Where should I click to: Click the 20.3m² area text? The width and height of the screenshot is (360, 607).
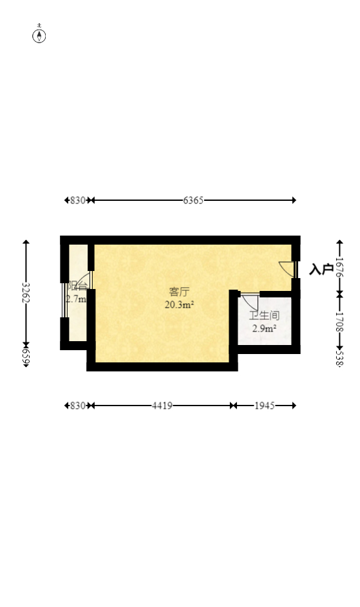pos(180,305)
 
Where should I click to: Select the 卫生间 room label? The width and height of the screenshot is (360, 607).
pos(264,316)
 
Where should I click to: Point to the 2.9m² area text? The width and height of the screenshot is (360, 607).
pos(264,329)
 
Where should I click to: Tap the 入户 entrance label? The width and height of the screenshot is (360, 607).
pos(321,269)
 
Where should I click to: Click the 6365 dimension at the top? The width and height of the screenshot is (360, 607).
pos(193,200)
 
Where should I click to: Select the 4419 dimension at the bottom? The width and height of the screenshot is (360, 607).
pos(162,406)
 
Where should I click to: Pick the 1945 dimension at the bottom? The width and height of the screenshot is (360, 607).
pos(265,406)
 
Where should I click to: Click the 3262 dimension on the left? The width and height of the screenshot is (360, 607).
pos(26,293)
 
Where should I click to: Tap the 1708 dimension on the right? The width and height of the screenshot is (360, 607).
pos(339,321)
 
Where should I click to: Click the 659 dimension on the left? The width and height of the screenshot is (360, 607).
pos(26,358)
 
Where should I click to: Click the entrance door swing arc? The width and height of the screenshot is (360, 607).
pos(285,268)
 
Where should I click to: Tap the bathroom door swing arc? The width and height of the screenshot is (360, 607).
pos(250,302)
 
